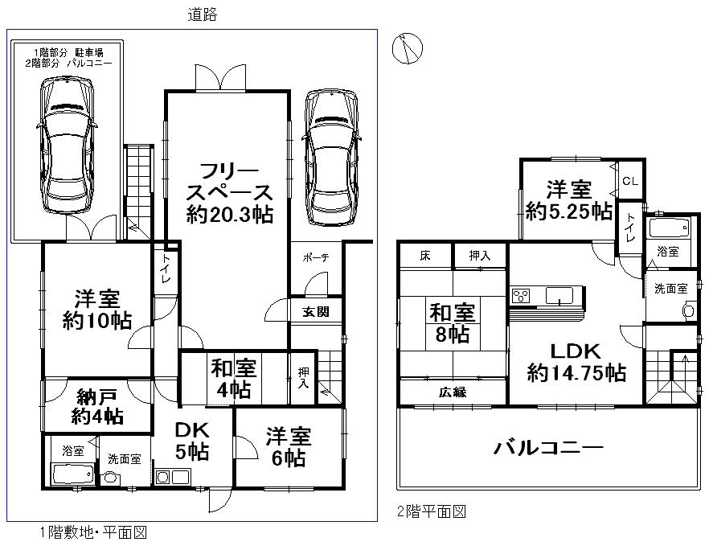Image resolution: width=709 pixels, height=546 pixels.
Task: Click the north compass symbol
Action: pos(407,49)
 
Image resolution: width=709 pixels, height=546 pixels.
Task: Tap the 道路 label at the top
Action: pos(203,14)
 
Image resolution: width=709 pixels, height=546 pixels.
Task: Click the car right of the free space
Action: pos(330,157)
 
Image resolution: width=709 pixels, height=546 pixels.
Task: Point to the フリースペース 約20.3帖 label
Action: pos(227,193)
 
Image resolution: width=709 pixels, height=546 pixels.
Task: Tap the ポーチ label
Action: pos(316,259)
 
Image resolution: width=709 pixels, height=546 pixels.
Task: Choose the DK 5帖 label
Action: pos(192,441)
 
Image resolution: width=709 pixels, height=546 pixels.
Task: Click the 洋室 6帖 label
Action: pos(288,447)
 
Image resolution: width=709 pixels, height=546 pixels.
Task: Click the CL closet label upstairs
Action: pos(629,182)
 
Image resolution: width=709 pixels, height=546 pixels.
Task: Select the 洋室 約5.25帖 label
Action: pos(568,200)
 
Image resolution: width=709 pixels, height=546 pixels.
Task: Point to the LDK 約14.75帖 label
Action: pos(576,362)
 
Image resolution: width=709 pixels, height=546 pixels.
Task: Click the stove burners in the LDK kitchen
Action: pos(522,296)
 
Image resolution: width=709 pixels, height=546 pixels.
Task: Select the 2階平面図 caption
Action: pos(432,511)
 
